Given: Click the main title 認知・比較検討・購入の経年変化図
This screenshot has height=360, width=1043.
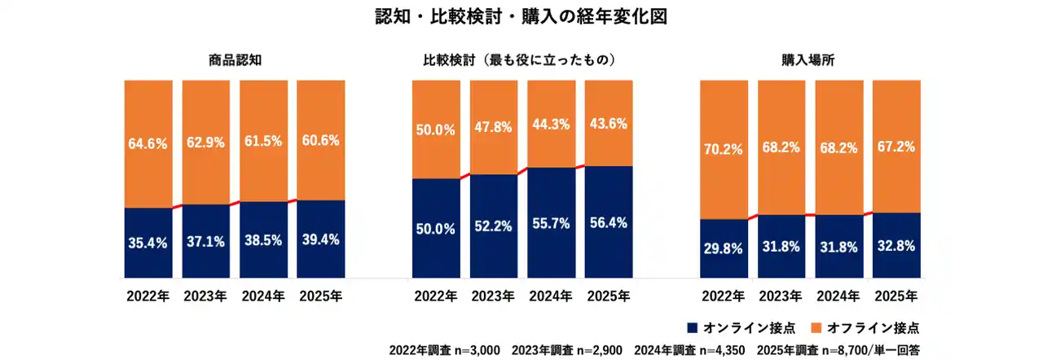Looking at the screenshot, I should [521, 17].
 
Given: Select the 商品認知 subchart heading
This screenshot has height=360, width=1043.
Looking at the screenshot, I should [235, 60].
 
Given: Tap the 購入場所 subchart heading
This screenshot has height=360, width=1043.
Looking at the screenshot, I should [809, 60].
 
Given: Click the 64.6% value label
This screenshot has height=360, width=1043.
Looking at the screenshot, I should [147, 144].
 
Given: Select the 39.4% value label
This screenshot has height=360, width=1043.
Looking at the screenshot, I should [320, 239].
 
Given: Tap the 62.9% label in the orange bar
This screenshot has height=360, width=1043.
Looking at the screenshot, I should [205, 143].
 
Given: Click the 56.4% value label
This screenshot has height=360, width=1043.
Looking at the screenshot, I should [608, 222].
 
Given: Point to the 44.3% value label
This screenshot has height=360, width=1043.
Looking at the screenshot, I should [551, 125].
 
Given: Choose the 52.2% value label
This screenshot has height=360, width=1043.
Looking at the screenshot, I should [493, 227].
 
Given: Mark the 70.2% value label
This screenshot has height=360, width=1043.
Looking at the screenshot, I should [723, 149].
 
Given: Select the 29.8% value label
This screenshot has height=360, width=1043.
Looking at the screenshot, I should [723, 249].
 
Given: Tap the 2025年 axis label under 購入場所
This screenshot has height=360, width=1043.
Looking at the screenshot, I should [895, 296].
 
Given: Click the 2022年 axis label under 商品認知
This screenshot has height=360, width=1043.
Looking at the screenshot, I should [147, 296].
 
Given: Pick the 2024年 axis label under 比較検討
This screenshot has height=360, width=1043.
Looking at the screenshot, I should [551, 296].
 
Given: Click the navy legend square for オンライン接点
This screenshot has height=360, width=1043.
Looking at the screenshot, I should [693, 328].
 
